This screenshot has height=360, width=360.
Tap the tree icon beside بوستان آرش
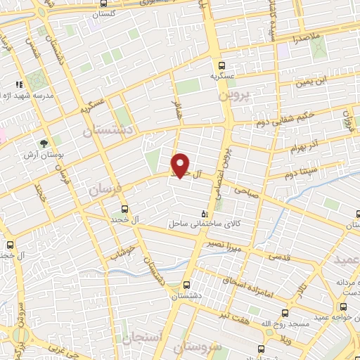click(x=44, y=143)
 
